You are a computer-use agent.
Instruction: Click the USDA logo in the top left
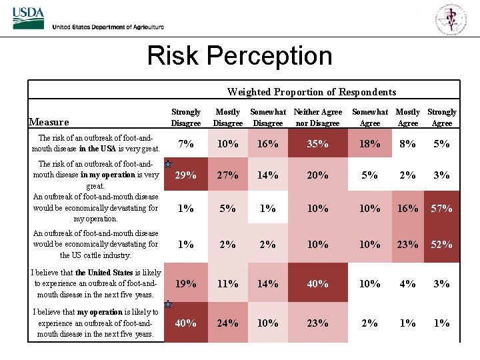[27, 18]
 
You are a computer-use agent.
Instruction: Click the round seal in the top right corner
[451, 18]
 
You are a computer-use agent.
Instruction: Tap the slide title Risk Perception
[239, 55]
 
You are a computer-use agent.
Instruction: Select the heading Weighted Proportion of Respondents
[311, 92]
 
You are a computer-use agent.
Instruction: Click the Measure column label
[49, 122]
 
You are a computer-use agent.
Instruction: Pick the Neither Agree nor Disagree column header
[317, 117]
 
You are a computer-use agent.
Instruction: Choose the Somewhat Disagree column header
[267, 117]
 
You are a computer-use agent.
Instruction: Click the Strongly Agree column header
[441, 117]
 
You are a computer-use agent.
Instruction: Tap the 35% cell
[317, 143]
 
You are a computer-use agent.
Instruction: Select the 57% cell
[441, 208]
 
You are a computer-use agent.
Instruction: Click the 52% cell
[441, 244]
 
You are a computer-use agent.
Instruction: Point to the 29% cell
[185, 175]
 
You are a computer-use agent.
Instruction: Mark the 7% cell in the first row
[185, 143]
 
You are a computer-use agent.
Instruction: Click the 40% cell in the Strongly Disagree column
[185, 323]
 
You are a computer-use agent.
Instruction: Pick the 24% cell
[227, 323]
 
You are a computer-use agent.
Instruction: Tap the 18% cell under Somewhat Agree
[369, 143]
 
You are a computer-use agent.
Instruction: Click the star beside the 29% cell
[169, 163]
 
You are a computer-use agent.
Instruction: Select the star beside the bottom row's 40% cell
[169, 305]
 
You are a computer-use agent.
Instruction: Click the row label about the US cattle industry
[96, 244]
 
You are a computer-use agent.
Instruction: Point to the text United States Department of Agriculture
[108, 27]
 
